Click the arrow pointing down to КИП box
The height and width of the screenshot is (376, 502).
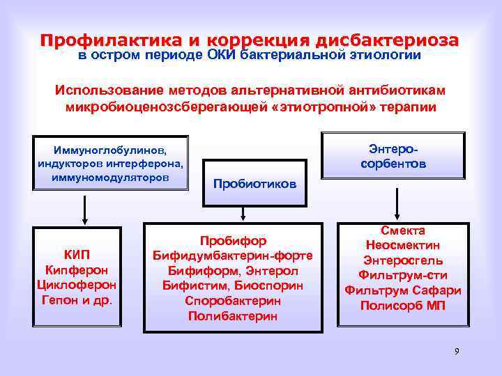[85, 209]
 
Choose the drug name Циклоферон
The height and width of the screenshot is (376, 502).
[77, 285]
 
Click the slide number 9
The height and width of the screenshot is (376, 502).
[457, 351]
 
